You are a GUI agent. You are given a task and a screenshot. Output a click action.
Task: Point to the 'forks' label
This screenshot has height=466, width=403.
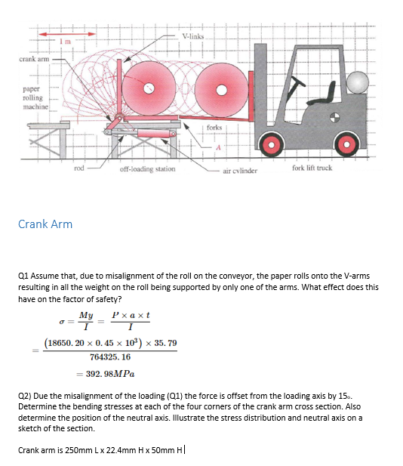[214, 128]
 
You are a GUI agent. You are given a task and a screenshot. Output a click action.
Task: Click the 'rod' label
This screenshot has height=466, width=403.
[79, 168]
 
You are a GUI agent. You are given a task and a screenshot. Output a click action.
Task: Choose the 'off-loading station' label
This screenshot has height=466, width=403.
[147, 169]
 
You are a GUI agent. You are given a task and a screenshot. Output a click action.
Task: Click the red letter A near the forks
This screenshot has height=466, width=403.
[216, 149]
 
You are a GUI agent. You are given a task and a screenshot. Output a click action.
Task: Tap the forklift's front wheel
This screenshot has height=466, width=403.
[272, 146]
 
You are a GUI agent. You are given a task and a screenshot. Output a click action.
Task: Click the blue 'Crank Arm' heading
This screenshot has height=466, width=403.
[45, 224]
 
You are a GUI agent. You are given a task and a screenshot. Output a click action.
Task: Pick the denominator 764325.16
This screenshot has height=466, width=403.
[110, 356]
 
